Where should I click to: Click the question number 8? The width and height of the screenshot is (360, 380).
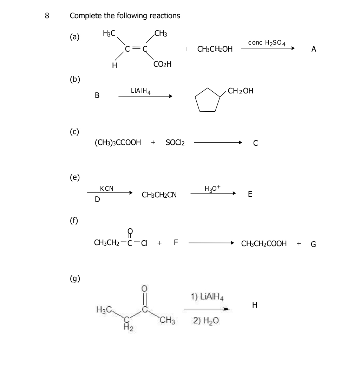tap(47, 16)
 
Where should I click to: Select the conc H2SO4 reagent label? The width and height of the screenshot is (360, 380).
tap(267, 43)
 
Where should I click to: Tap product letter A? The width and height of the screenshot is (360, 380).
tap(313, 49)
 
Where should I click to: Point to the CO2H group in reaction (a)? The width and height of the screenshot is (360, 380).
tap(162, 64)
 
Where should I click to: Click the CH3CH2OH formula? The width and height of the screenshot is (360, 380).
tap(215, 49)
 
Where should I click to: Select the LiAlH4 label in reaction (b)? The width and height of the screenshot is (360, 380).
tap(140, 91)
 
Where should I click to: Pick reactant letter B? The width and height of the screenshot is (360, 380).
tap(97, 96)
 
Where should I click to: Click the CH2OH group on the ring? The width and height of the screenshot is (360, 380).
tap(241, 91)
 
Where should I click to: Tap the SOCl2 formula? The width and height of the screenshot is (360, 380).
tap(175, 143)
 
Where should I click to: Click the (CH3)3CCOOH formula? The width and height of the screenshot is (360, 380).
tap(118, 142)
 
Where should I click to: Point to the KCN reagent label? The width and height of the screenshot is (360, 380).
tap(107, 189)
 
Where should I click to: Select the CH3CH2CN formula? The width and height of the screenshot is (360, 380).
tap(159, 195)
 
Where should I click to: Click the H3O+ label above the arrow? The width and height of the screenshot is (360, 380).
tap(212, 188)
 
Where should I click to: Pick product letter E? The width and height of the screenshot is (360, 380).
tap(250, 194)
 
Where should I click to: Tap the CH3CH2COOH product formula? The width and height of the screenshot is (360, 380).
tap(264, 244)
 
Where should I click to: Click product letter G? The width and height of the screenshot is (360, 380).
tap(313, 244)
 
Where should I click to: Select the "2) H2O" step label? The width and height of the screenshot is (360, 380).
tap(206, 321)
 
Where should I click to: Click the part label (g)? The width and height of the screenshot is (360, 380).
tap(75, 279)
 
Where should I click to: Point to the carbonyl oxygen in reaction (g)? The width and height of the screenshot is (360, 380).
tap(144, 288)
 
